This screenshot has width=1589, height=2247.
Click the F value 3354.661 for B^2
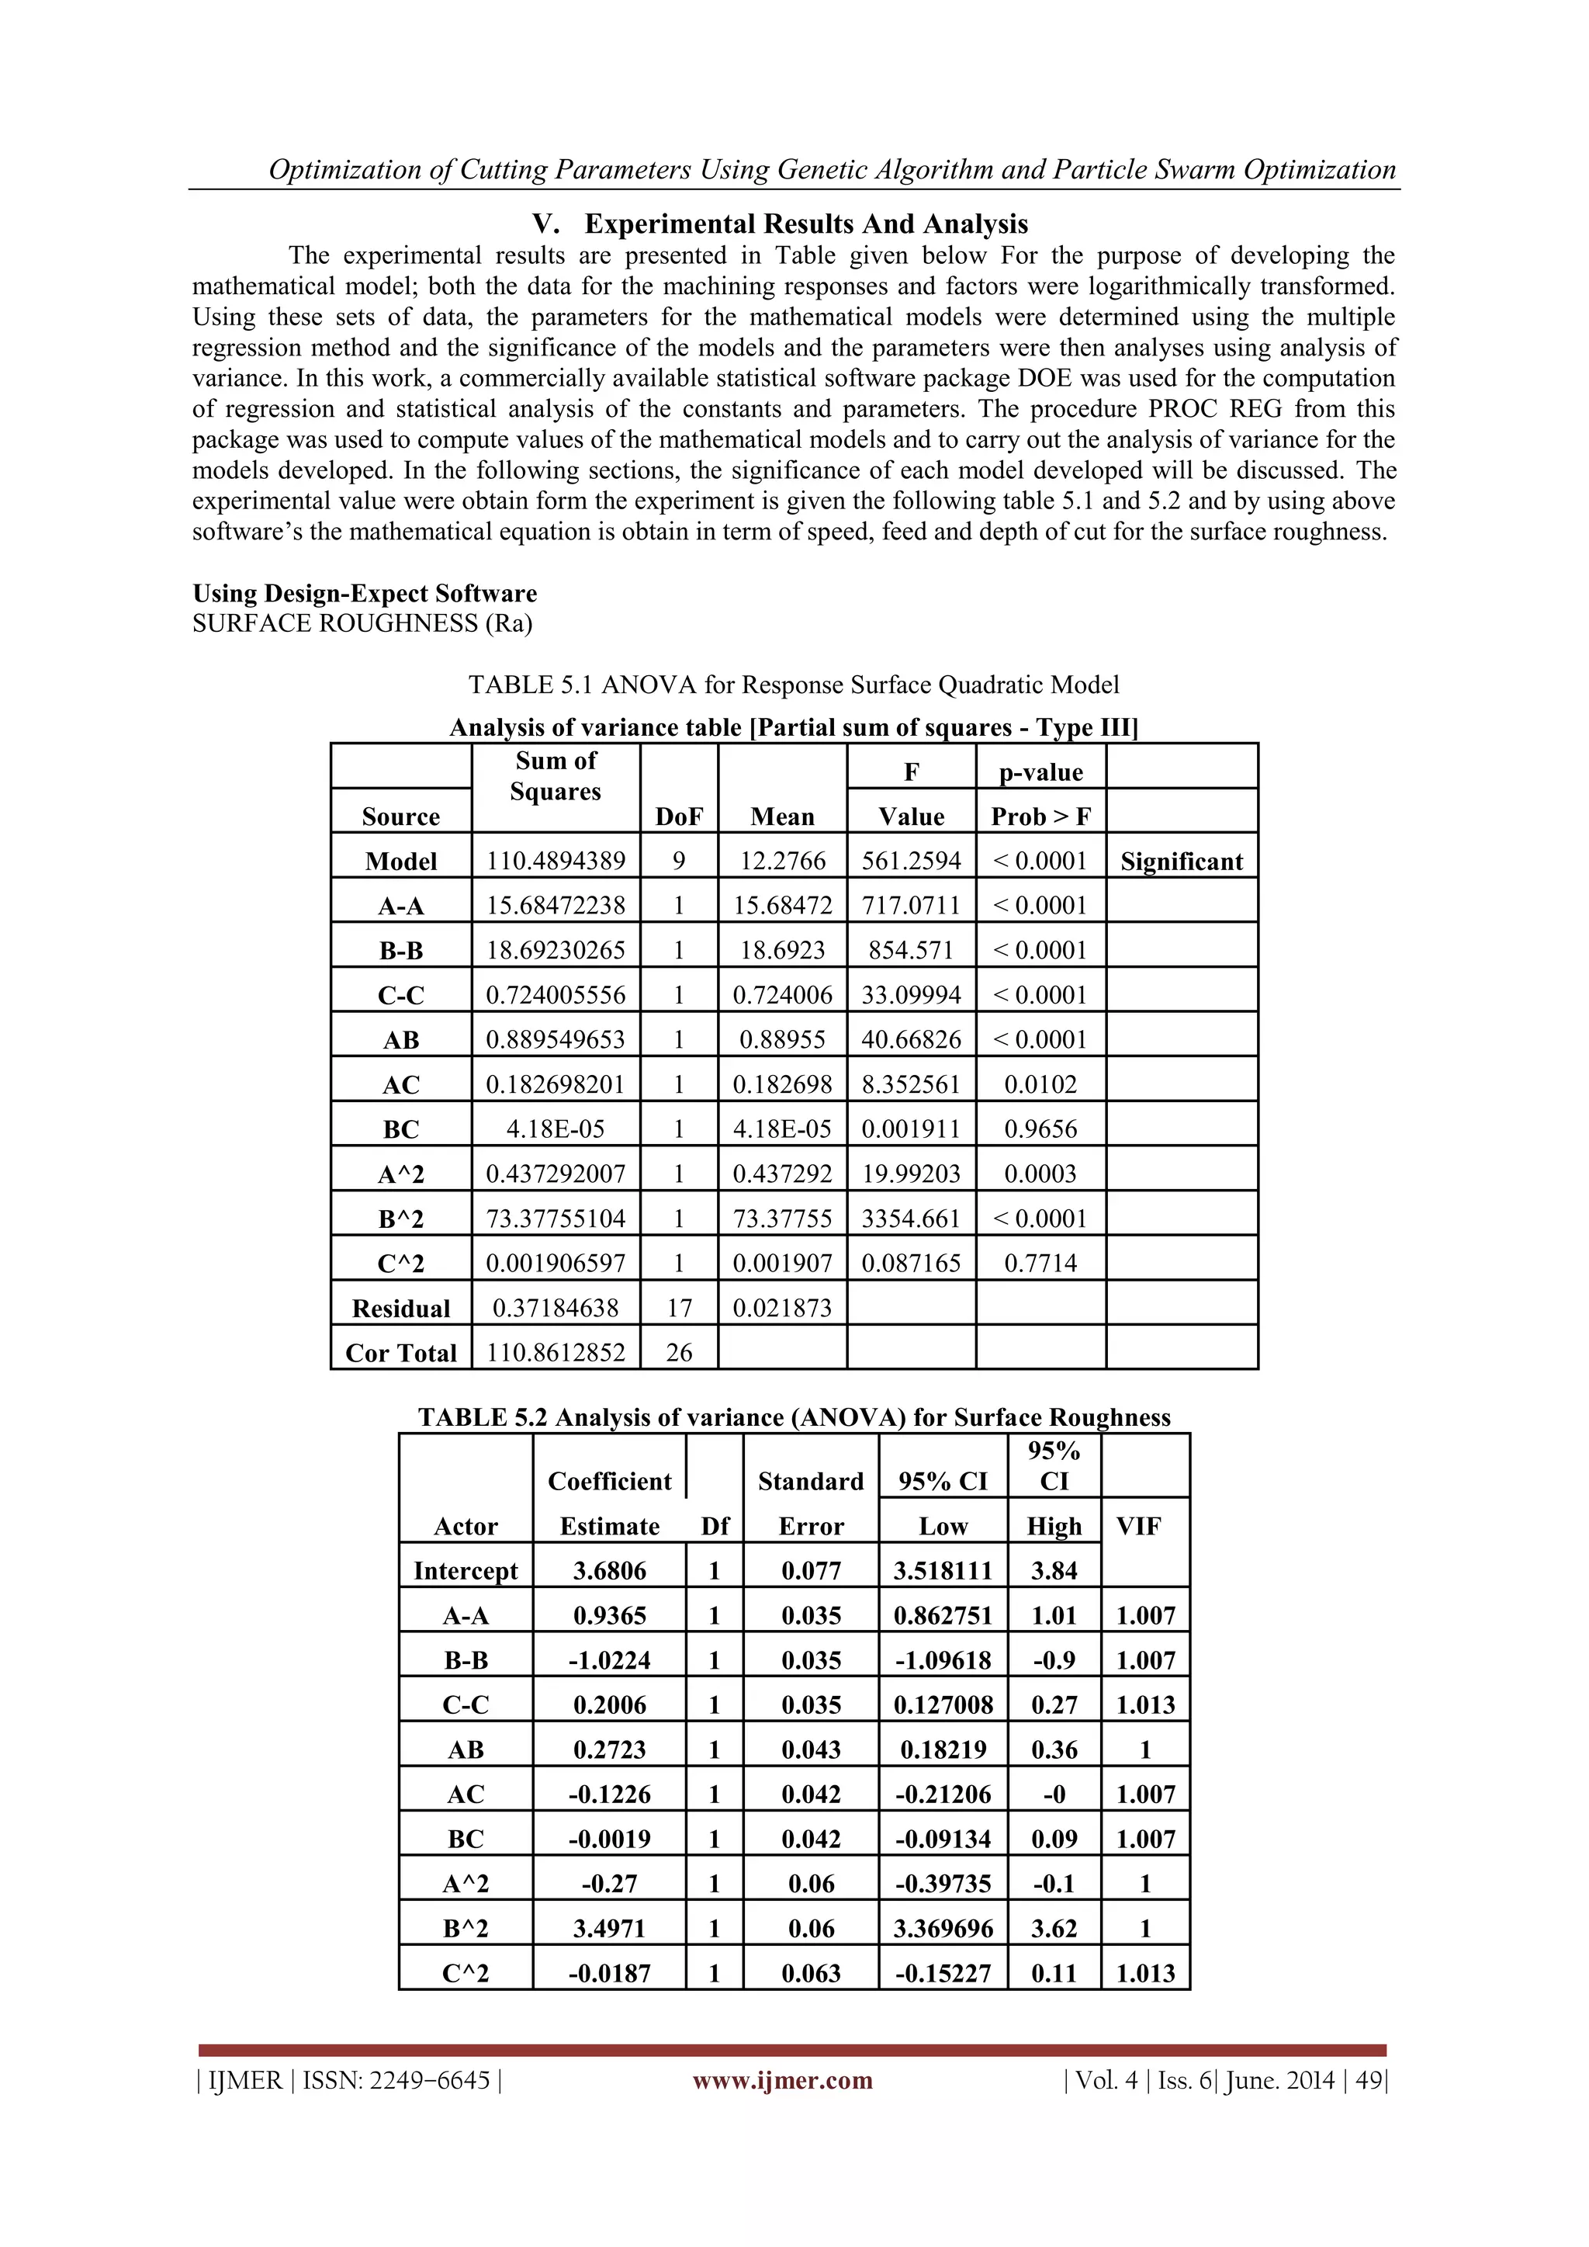click(911, 1219)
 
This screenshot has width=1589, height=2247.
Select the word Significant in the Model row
click(1181, 862)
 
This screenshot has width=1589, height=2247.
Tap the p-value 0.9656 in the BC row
click(1040, 1129)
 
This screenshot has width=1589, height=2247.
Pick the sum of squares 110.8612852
click(556, 1353)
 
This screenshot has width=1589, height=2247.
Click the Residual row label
click(401, 1309)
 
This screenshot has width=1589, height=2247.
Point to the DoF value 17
click(679, 1309)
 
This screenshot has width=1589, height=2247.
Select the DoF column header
click(679, 817)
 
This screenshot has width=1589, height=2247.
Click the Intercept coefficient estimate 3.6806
click(610, 1571)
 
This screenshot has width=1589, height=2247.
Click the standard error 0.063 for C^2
click(811, 1973)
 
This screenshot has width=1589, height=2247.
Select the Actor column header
click(466, 1526)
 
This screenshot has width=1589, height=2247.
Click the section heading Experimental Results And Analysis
click(805, 224)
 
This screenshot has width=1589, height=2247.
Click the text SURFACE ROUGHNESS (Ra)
click(362, 623)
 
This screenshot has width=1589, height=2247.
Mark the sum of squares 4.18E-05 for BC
click(556, 1129)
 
